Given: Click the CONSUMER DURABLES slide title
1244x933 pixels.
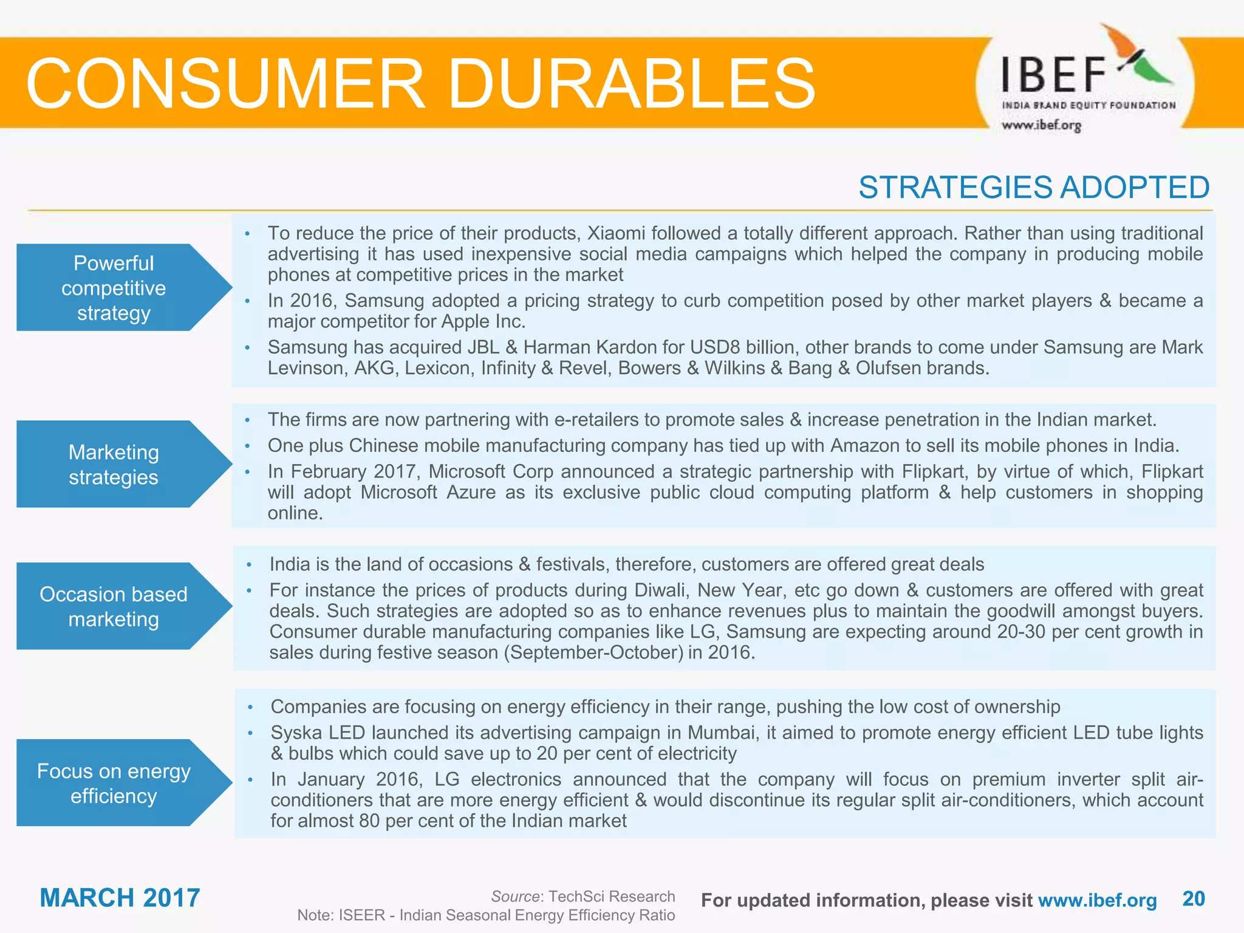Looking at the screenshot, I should click(x=420, y=83).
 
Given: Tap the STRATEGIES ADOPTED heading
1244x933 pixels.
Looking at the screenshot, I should click(x=1033, y=187).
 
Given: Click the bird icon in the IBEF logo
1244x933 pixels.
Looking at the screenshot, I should click(x=1136, y=58).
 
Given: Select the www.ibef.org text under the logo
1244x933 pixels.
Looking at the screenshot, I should click(x=1041, y=126).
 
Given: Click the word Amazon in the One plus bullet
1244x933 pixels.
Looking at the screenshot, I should click(x=864, y=446).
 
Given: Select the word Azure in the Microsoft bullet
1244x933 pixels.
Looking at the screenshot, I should click(x=471, y=492).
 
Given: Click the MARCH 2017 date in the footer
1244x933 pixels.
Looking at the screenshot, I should click(x=120, y=898).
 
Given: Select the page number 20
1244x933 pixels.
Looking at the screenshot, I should click(x=1194, y=899).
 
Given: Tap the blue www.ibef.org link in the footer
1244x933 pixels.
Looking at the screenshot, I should click(x=1097, y=901).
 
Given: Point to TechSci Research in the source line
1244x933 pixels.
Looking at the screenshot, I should click(x=611, y=897).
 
